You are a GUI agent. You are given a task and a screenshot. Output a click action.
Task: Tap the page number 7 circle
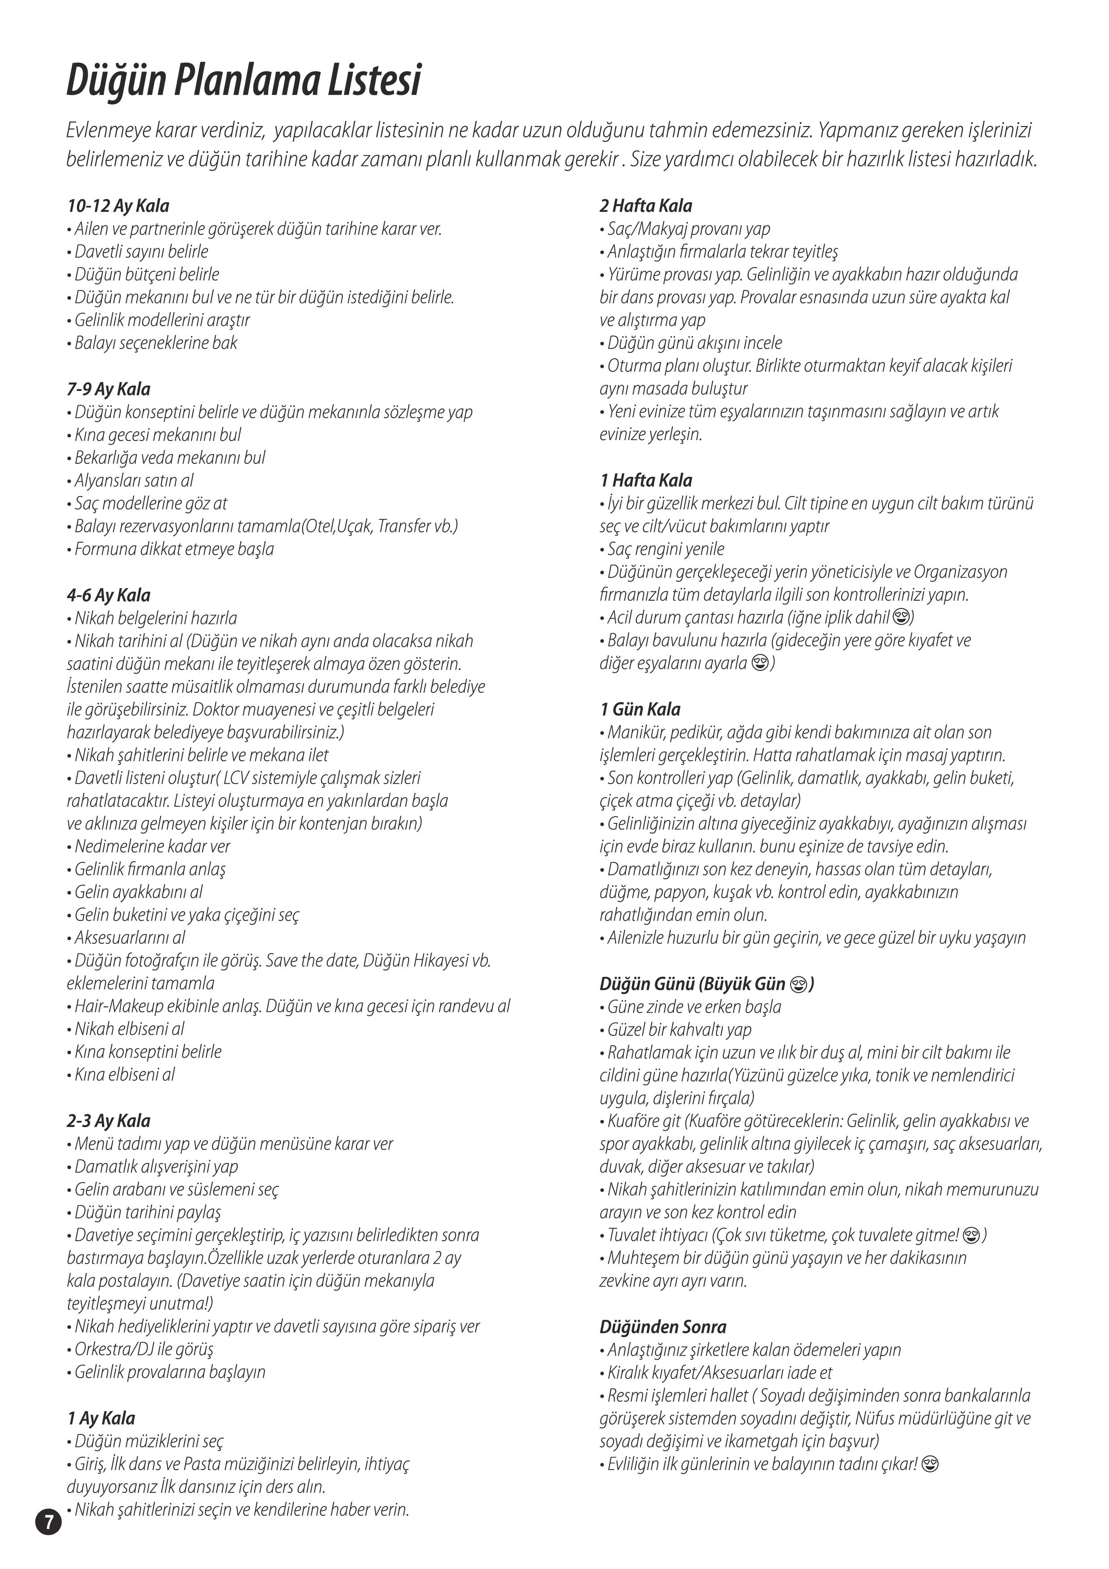48,1522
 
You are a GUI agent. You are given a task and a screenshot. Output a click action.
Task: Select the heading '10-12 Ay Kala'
118,206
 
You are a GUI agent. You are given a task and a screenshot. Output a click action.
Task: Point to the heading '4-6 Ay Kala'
109,595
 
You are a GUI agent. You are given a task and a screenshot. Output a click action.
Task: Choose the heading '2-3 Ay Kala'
109,1121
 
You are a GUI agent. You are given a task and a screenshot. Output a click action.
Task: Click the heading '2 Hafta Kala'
646,206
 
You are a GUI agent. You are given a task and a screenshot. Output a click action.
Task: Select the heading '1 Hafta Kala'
646,480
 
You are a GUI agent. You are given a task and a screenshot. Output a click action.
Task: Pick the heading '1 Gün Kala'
640,709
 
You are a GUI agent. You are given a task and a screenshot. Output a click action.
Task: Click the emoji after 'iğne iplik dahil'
901,618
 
